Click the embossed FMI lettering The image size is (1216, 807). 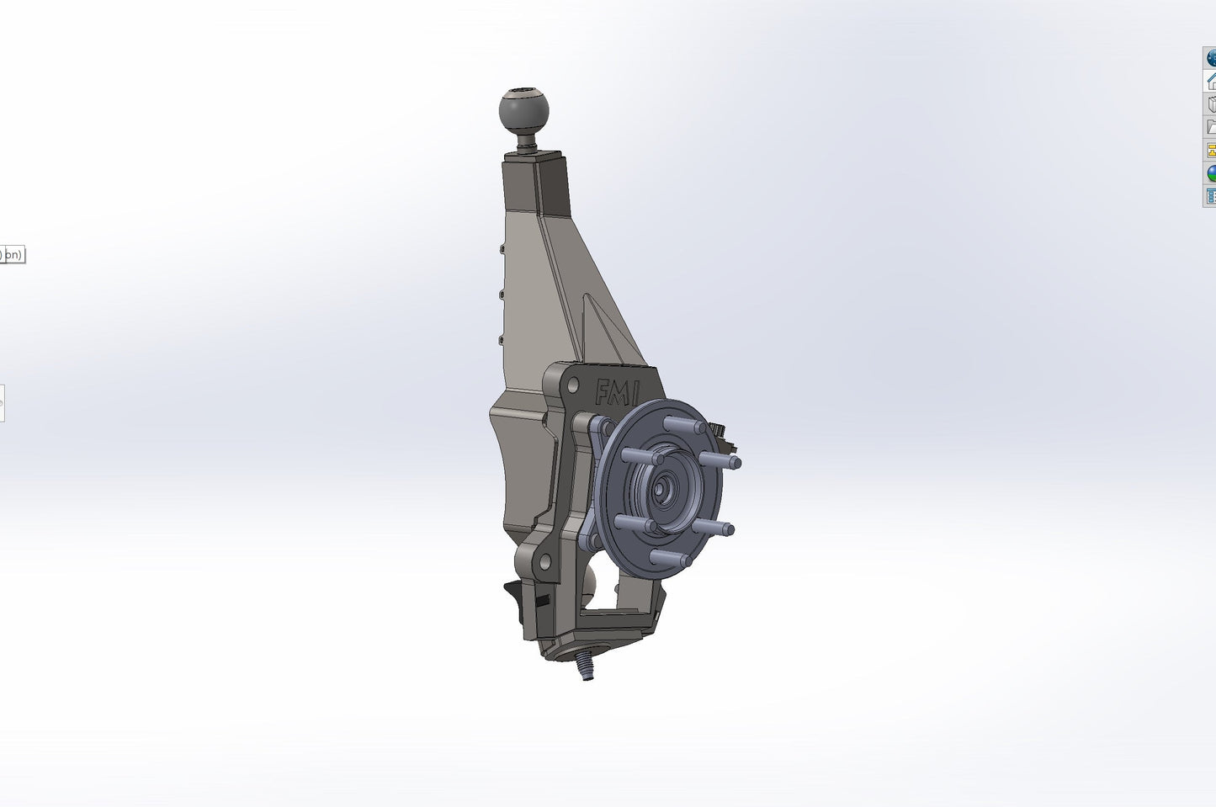(617, 392)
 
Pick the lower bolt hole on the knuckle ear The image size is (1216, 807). (544, 561)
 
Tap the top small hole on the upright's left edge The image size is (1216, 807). (502, 249)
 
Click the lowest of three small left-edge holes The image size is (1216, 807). (502, 340)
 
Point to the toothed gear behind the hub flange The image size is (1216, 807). (721, 433)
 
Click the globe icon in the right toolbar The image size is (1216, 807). (1211, 57)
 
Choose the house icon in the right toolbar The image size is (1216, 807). (1211, 81)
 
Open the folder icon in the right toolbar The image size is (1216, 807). (1211, 127)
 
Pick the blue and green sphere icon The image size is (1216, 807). (1211, 173)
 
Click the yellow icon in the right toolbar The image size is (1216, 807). (1211, 151)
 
